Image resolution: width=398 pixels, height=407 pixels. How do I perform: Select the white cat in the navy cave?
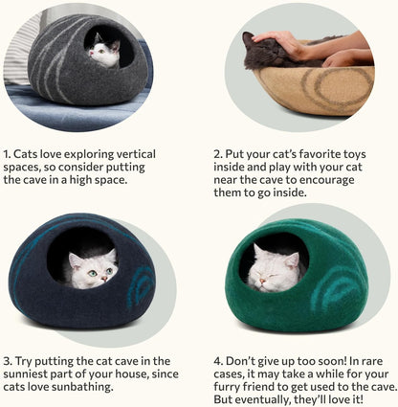click(x=91, y=268)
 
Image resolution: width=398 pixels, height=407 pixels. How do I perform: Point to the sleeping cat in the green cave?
click(x=276, y=267)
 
